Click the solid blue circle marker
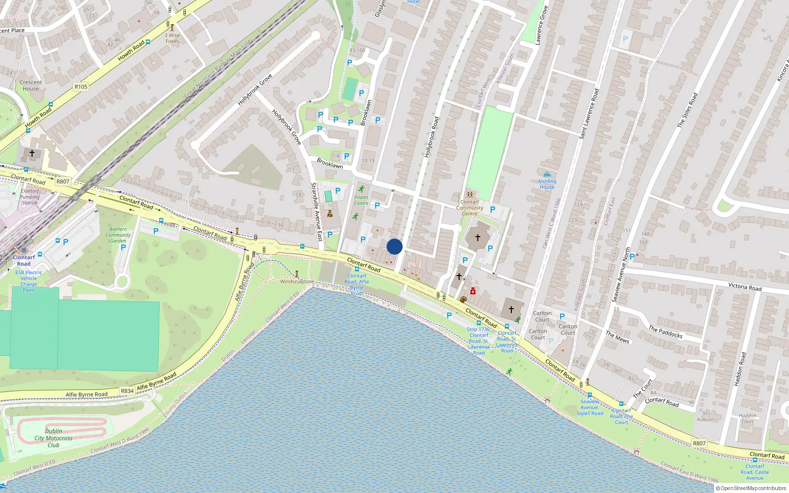coord(394,246)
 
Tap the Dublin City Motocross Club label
coord(53,438)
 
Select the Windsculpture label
coord(297,282)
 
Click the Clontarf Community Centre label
coord(469,208)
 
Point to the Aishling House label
coord(547,184)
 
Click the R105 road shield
coord(81,87)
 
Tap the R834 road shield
coord(127,391)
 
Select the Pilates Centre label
coord(361,200)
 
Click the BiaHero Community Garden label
coord(118,235)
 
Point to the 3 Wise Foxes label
coord(172,38)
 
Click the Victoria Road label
coord(745,287)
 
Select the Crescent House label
coord(31,86)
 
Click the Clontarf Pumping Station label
coord(30,197)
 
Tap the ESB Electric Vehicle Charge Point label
coord(29,281)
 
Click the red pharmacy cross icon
coord(473,291)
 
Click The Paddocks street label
coord(665,332)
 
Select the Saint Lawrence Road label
coord(589,113)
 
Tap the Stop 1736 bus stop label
coord(478,341)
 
